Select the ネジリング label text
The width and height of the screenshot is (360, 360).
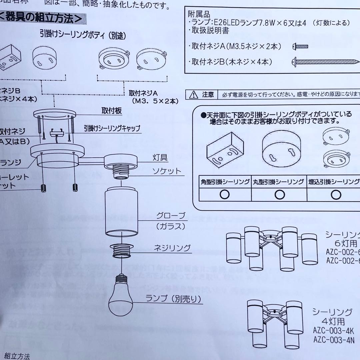pos(172,248)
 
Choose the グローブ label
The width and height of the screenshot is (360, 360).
pos(171,216)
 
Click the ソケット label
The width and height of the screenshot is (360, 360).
pos(167,171)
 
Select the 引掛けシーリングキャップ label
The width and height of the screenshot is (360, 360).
pos(112,128)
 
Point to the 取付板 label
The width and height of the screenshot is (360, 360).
pos(111,110)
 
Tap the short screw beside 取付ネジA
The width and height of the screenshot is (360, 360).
pos(300,46)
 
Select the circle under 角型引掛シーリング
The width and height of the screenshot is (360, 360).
pos(225,194)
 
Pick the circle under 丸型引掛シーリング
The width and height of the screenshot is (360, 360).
pos(279,194)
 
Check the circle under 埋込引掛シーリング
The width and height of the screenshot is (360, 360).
pos(335,194)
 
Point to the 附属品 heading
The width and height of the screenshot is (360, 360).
pos(199,15)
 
